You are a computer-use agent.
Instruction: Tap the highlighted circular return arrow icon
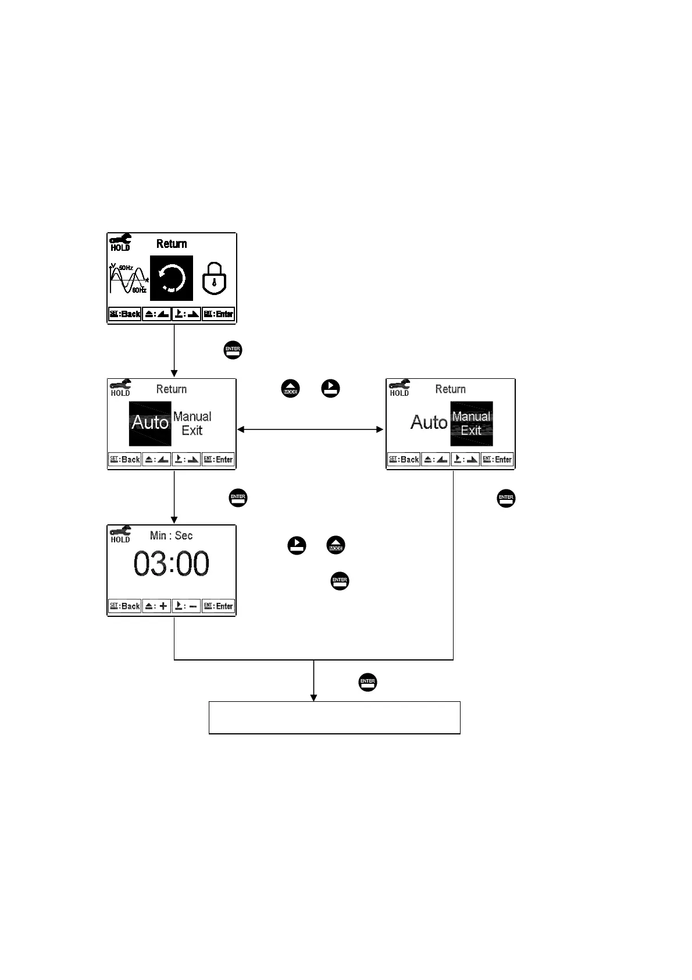pos(172,278)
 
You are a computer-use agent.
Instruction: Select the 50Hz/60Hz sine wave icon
pos(128,279)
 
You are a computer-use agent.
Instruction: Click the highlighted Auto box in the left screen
pos(150,423)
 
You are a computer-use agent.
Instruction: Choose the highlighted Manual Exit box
pos(472,423)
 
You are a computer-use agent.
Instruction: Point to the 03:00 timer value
pos(172,564)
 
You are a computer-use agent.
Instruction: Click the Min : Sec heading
pos(171,535)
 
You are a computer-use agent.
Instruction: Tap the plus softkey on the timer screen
pos(156,606)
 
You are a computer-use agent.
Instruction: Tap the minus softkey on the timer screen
pos(187,606)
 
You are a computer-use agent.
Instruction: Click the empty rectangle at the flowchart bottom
pos(334,718)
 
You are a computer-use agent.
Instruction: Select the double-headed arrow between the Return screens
pos(310,429)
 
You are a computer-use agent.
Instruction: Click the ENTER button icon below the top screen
pos(233,350)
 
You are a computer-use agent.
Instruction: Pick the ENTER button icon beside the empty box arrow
pos(368,682)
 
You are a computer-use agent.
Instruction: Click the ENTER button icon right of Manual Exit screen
pos(506,498)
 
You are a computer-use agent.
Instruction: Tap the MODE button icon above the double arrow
pos(291,389)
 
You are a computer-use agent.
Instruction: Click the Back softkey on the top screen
pos(125,314)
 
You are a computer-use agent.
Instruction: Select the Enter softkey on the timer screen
pos(218,606)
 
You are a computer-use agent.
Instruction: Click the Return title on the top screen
pos(172,244)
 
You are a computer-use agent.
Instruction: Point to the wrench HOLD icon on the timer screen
pos(120,534)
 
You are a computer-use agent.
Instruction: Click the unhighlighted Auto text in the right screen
pos(429,422)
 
